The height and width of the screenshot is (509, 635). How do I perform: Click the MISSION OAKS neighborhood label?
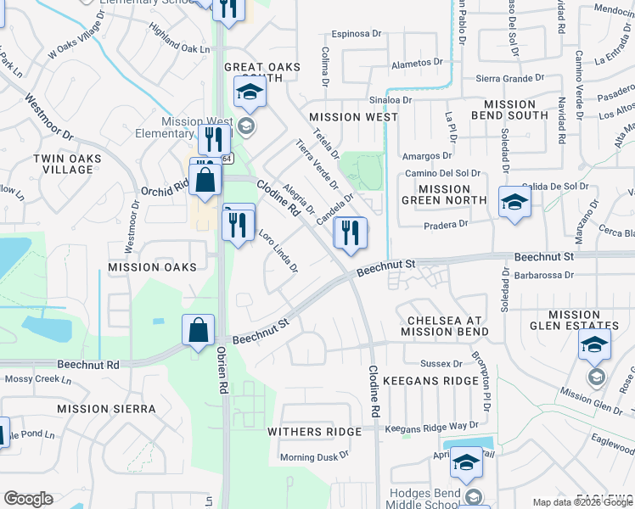click(152, 267)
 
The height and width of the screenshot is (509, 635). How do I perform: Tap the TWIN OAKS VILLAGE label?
click(67, 164)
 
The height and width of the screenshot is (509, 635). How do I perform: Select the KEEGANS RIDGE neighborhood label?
click(430, 381)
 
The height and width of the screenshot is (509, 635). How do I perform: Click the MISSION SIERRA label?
click(106, 409)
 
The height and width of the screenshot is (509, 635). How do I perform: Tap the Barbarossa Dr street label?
click(538, 275)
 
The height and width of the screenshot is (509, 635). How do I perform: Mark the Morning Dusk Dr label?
click(314, 458)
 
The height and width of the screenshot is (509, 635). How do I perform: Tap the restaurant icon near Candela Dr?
click(351, 232)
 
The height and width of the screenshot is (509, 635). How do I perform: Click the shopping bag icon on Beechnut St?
click(198, 329)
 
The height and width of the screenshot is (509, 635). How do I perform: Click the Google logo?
click(28, 499)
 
